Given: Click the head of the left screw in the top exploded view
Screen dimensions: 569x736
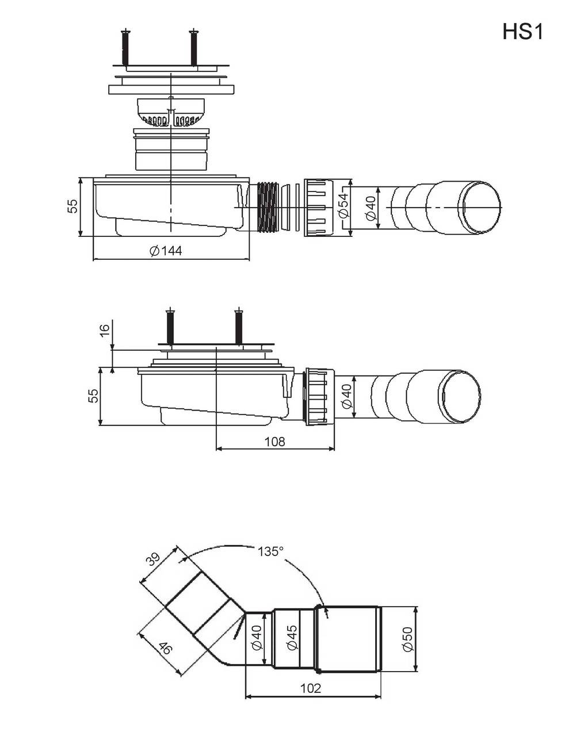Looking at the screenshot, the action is [125, 32].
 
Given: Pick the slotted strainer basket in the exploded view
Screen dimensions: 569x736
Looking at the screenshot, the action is [171, 112].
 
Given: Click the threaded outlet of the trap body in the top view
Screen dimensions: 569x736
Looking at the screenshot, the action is [269, 206].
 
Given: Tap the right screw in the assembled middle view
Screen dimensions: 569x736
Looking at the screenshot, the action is [239, 327].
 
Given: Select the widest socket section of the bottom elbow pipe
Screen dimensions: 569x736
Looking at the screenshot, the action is [349, 638].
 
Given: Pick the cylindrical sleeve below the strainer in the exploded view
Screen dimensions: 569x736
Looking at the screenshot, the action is [171, 149].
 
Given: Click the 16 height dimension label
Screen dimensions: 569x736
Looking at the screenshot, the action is [105, 329].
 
